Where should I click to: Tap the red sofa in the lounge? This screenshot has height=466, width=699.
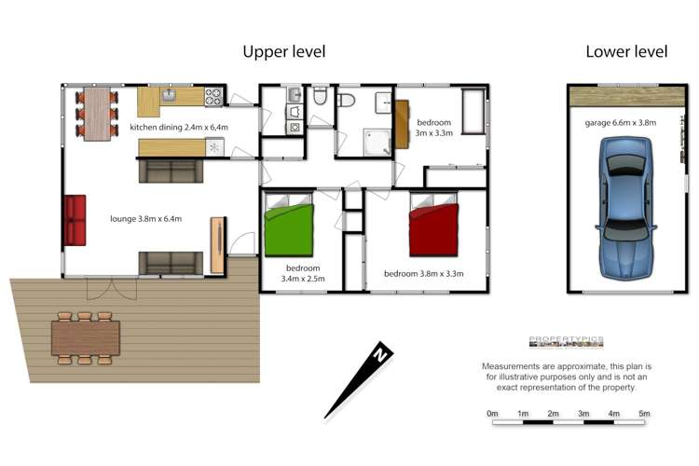click(75, 220)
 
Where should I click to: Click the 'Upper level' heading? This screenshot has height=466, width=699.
click(284, 52)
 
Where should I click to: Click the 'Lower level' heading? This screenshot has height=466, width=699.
click(626, 52)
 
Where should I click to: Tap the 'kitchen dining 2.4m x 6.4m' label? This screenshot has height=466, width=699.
click(179, 127)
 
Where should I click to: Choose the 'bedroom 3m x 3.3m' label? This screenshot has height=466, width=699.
click(434, 128)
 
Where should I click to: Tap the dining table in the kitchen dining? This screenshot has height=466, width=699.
click(98, 113)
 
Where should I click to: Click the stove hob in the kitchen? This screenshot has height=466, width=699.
click(213, 95)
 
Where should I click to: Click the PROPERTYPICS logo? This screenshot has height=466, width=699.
click(566, 341)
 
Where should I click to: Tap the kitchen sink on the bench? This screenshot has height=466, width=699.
click(171, 93)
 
